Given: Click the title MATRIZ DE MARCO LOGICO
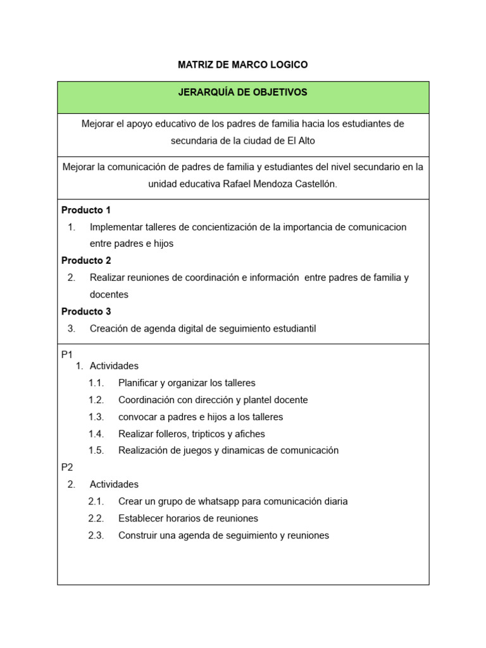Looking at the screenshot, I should [x=243, y=65].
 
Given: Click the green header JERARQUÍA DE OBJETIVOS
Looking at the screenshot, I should [x=243, y=92].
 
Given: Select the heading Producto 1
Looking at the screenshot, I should [x=86, y=210].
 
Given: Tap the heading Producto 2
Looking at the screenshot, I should [x=86, y=261].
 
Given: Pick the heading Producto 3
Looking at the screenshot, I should [x=86, y=311].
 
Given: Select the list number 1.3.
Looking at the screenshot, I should [x=96, y=417].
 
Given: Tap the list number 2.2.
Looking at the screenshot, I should [x=96, y=518].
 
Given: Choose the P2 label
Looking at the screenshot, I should [x=67, y=468].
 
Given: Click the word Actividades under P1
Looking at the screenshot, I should [x=114, y=366].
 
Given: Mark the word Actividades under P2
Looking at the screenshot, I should [x=114, y=484].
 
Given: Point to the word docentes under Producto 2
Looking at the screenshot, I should [x=109, y=294].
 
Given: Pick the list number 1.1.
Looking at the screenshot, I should [x=96, y=383].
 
